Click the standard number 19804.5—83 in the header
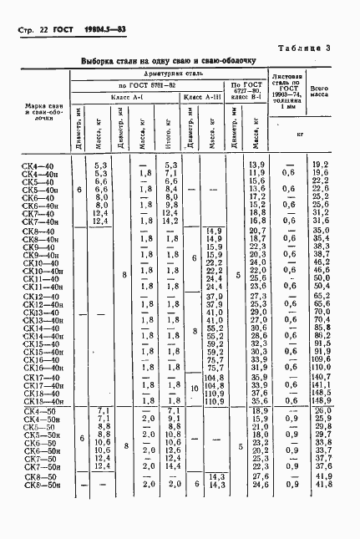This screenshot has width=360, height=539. pyautogui.click(x=99, y=31)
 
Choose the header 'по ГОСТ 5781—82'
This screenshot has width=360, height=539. pyautogui.click(x=148, y=86)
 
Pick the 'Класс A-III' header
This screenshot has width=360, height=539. pyautogui.click(x=205, y=98)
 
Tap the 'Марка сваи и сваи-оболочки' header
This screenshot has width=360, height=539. pyautogui.click(x=38, y=114)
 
